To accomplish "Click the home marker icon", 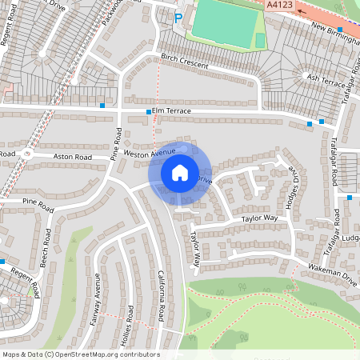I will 180,172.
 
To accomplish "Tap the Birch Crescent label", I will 185,62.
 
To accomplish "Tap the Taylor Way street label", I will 259,217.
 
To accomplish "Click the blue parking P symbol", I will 178,16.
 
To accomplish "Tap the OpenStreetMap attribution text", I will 81,354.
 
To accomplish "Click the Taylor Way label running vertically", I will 194,250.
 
